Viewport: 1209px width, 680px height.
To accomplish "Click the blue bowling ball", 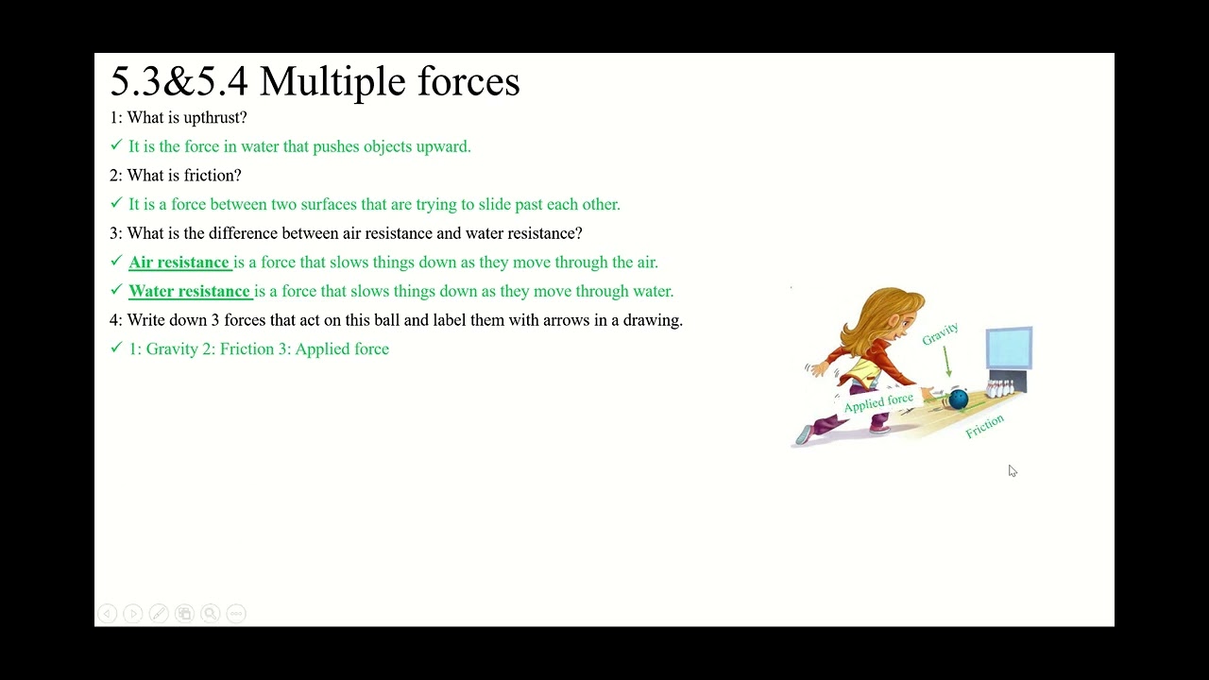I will pos(958,400).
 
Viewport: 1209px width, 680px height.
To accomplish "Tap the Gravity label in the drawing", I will pos(940,333).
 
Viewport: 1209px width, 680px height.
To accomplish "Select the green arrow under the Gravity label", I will pos(947,362).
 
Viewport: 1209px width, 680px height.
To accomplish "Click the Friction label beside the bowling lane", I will pos(984,426).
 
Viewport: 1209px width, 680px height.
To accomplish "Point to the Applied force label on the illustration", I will pos(878,403).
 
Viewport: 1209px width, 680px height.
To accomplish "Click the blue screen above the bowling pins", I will pos(1009,348).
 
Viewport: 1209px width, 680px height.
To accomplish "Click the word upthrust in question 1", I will pos(214,117).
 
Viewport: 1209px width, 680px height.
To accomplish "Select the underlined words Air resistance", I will pos(179,262).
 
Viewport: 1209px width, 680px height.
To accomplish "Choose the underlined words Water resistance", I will pos(190,291).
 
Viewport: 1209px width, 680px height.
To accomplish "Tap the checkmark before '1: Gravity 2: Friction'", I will pos(116,348).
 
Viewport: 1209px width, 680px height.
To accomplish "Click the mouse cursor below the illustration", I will pos(1012,470).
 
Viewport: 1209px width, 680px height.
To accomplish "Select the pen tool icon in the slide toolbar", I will pos(159,614).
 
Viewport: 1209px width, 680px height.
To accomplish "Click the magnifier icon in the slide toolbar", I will pos(210,614).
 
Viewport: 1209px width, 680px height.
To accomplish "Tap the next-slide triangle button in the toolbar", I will pos(133,614).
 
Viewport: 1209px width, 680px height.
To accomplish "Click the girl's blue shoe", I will pos(803,433).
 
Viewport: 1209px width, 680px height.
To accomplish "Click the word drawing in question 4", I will pos(652,320).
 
